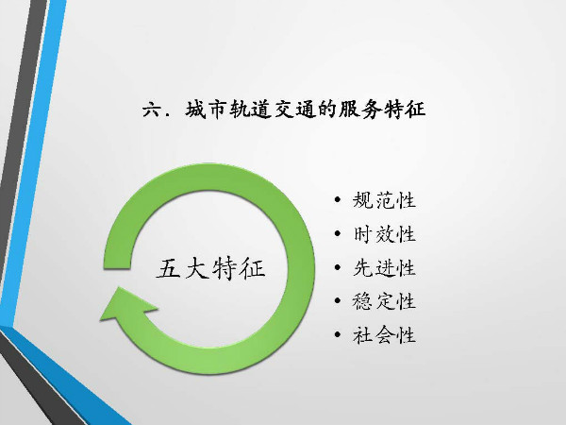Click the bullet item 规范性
point(384,200)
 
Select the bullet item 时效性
point(384,234)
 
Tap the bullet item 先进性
point(384,268)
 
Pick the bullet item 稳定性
point(384,301)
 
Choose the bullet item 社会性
point(384,334)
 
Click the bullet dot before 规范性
point(338,199)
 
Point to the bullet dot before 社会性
point(338,334)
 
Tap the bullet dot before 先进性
point(338,267)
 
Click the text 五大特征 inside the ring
point(210,268)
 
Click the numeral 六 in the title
point(152,110)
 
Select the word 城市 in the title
point(207,110)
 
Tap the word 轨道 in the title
point(251,110)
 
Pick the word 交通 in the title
point(295,110)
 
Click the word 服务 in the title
point(360,110)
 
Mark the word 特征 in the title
point(405,110)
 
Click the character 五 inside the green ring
point(169,268)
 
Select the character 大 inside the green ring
point(197,268)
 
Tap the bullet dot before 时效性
point(338,233)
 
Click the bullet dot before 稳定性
point(338,300)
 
